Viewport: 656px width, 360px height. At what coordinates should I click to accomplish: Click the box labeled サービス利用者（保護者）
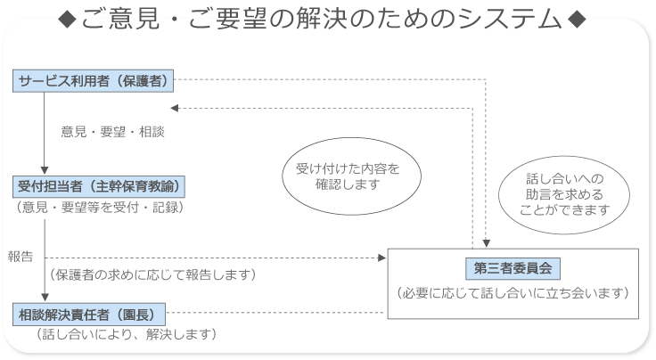tap(93, 81)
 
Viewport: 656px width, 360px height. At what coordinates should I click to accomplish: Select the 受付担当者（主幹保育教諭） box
tap(99, 186)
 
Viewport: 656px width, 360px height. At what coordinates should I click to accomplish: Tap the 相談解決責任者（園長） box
tap(89, 315)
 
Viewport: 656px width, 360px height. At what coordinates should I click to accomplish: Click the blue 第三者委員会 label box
tap(512, 268)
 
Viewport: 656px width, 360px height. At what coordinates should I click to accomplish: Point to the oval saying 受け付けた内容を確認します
tap(351, 176)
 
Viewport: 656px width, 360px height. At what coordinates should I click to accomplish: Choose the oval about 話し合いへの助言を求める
tap(564, 195)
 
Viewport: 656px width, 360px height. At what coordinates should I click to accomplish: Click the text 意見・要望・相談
tap(112, 132)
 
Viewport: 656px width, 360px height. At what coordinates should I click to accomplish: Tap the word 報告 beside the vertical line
tap(20, 257)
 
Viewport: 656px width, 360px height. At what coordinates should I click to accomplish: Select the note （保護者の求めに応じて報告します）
tap(152, 274)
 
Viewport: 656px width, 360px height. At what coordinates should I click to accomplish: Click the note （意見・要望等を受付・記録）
tap(100, 208)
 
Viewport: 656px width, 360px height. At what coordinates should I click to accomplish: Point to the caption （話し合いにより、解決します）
tap(127, 334)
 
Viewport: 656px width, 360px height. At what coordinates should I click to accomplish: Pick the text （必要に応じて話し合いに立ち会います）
tap(512, 293)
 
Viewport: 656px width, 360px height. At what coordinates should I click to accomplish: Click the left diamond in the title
tap(67, 20)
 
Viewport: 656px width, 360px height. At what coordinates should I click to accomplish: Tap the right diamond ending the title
tap(577, 20)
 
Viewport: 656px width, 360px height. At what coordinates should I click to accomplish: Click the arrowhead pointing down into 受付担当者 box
tap(45, 170)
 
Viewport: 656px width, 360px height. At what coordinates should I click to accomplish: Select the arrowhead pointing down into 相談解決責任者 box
tap(45, 298)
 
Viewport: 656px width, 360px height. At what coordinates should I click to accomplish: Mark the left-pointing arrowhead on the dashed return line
tap(175, 109)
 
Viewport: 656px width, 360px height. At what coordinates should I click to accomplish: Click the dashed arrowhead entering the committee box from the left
tap(381, 258)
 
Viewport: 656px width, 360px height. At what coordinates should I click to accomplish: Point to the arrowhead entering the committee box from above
tap(486, 243)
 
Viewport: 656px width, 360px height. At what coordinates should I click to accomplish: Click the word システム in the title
tap(509, 20)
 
